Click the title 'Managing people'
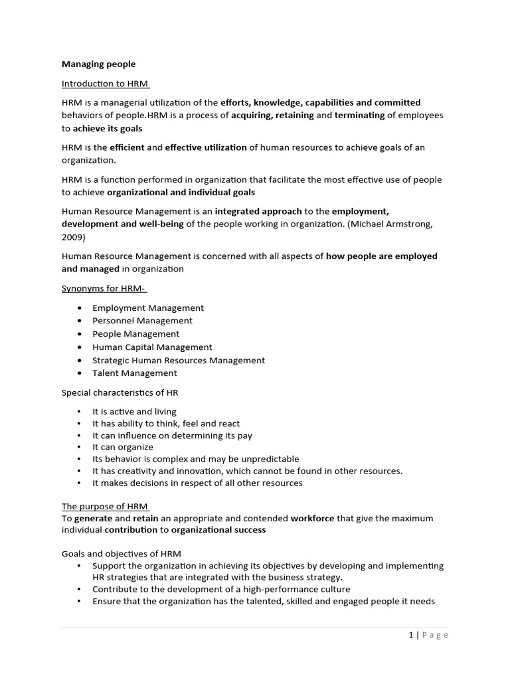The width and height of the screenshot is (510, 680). (98, 64)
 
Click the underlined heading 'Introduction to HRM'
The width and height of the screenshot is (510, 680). (105, 84)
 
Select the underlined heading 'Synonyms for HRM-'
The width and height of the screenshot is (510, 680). (104, 289)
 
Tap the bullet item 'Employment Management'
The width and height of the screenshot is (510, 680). (148, 308)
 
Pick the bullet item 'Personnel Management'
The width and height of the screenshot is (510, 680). (142, 321)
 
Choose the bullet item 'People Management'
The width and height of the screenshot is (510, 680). (135, 334)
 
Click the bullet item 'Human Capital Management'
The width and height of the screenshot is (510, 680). (152, 347)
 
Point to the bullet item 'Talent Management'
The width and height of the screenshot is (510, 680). (135, 373)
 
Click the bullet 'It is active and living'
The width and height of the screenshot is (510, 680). (134, 412)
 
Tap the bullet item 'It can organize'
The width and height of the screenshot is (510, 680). (122, 447)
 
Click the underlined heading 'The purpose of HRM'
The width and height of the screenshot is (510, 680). (104, 507)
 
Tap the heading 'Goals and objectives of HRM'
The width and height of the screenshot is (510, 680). (122, 554)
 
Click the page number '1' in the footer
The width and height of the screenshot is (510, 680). (411, 635)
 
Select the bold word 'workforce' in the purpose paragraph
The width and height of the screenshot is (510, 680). (312, 518)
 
